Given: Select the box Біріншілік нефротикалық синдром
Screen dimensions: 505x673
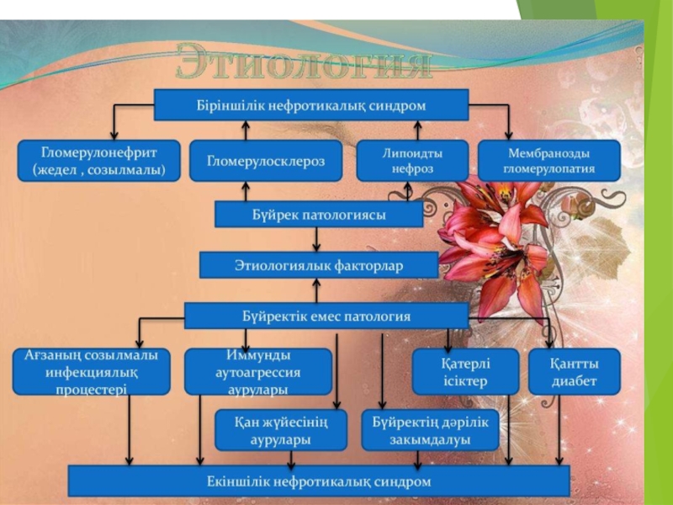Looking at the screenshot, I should (311, 105).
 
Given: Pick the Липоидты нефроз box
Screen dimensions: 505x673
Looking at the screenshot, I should (411, 160).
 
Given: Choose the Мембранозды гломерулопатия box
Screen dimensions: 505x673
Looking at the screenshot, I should (548, 160).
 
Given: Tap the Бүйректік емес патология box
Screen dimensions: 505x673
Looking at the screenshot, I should (326, 316).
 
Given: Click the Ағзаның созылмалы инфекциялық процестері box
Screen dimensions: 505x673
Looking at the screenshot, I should (91, 371).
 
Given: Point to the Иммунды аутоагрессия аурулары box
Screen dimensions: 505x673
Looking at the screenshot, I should (257, 371).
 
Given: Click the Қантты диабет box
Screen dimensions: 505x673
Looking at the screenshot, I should (575, 371).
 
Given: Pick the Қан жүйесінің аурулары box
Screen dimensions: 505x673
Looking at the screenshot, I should (282, 430).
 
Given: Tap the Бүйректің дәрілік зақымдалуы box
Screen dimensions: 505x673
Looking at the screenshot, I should (430, 430).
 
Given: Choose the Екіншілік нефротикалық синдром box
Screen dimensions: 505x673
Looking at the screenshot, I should (319, 481).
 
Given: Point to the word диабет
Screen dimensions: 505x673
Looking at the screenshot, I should (575, 381).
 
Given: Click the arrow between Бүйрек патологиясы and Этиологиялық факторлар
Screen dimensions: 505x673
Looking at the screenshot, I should (316, 241).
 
